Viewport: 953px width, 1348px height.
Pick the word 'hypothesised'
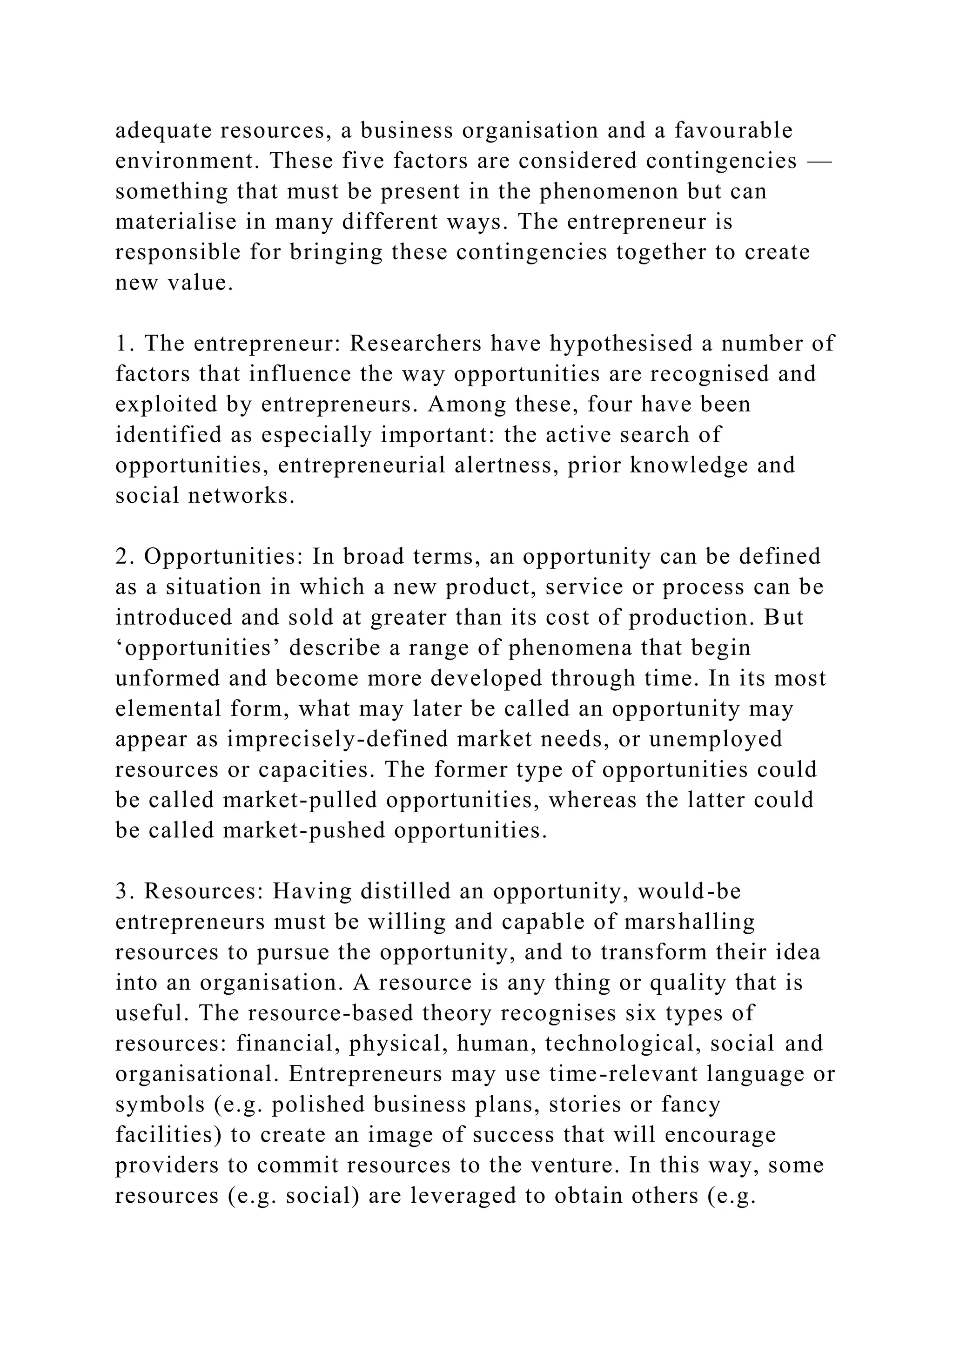[621, 344]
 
